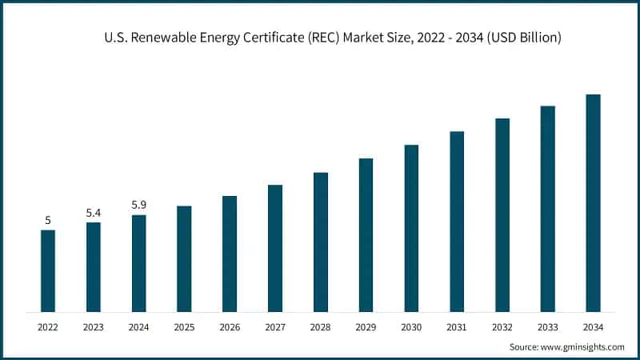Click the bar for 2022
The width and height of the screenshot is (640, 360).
tap(48, 270)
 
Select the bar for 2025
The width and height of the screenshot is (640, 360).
tap(184, 258)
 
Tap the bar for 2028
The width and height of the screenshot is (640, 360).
tap(321, 242)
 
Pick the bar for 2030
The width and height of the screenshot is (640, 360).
tap(411, 228)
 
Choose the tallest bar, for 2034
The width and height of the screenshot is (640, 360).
tap(593, 202)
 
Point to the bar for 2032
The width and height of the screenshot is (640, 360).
tap(502, 214)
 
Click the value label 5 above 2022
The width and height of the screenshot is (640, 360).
tap(48, 220)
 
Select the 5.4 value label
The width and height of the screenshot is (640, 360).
tap(94, 213)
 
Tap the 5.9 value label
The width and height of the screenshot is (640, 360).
tap(139, 205)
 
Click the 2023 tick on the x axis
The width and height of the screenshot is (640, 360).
tap(94, 326)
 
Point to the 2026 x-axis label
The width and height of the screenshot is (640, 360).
tap(230, 326)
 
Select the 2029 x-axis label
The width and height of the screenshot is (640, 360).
tap(366, 326)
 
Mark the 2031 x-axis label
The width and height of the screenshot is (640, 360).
tap(457, 326)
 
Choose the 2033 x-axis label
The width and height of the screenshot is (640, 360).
tap(547, 326)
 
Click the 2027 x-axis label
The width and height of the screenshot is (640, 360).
tap(275, 326)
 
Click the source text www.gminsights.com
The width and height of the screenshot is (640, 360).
tap(584, 346)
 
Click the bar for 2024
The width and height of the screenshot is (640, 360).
tap(139, 262)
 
